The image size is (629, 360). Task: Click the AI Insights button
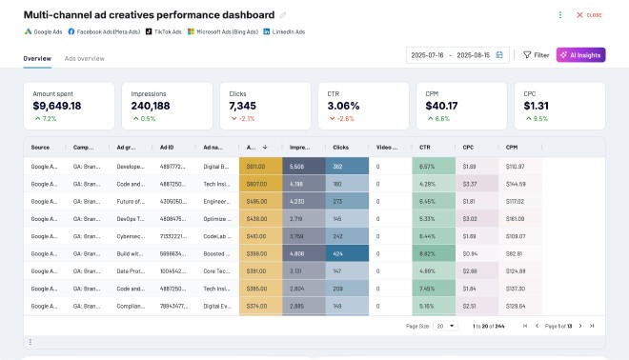pos(580,55)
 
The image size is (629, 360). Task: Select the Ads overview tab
pos(85,59)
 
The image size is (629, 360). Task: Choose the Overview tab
pos(37,59)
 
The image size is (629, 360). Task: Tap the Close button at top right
pos(589,15)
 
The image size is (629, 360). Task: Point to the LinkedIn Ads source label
pos(284,31)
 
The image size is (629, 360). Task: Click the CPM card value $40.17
pos(441,106)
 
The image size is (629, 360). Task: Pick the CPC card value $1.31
pos(536,106)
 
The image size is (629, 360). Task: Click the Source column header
pos(40,148)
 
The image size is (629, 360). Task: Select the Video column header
pos(387,148)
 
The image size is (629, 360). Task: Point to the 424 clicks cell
pos(338,254)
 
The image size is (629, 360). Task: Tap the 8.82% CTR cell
pos(428,254)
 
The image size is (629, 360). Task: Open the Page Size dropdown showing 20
pos(445,326)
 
